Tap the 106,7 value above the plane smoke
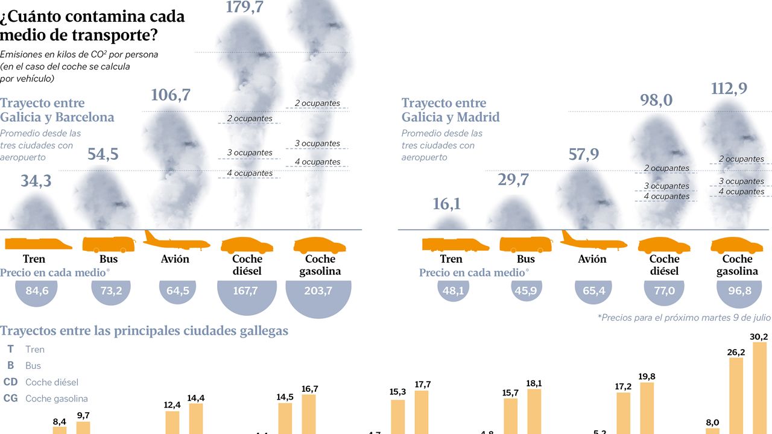point(170,95)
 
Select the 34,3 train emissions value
point(36,180)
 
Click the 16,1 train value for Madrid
point(446,204)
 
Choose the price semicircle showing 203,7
point(318,293)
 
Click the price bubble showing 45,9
point(526,291)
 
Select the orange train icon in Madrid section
point(455,244)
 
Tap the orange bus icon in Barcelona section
point(109,244)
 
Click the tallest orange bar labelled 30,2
point(760,389)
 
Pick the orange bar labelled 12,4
point(172,422)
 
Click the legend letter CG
point(10,398)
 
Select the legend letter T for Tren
point(10,349)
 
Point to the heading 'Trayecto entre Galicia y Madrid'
point(451,110)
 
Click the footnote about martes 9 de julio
point(684,317)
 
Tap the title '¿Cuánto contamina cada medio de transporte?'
point(92,25)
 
